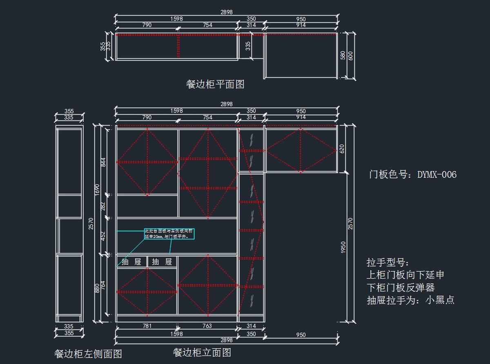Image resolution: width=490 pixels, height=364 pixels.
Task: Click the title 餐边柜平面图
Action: [215, 84]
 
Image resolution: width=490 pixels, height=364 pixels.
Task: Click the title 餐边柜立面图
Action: [202, 352]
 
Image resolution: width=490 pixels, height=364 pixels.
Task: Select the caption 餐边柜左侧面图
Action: [88, 353]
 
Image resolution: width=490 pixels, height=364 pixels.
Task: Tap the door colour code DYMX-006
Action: [437, 175]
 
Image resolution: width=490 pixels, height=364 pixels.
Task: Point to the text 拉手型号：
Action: [388, 262]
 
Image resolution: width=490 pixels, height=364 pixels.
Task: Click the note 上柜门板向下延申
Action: [405, 275]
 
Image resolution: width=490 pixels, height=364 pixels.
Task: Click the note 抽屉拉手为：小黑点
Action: [410, 300]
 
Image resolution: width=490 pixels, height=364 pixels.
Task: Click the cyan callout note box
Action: [170, 234]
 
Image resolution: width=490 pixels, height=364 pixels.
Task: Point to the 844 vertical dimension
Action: [103, 162]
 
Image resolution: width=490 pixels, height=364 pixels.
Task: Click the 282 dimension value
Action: [103, 207]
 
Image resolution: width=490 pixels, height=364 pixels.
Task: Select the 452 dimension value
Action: [103, 236]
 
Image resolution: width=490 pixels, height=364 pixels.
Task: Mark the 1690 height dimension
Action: [97, 189]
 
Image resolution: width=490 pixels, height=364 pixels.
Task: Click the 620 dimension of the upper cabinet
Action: [342, 149]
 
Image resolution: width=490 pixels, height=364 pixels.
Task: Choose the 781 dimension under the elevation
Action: [147, 326]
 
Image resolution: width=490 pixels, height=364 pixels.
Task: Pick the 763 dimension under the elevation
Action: [207, 326]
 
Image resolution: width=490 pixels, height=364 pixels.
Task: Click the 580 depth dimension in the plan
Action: [343, 55]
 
